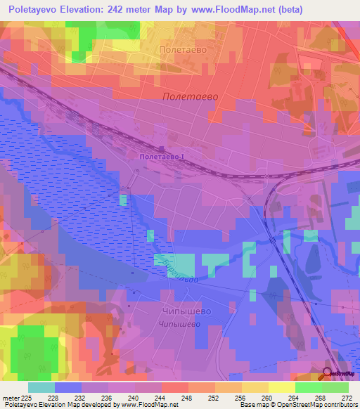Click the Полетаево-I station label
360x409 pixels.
tap(162, 157)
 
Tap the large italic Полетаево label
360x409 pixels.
tap(190, 96)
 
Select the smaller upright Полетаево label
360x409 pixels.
tap(183, 50)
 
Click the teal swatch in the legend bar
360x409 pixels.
tap(41, 387)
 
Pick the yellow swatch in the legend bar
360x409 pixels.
tap(281, 387)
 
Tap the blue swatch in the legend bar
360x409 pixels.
tap(67, 387)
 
